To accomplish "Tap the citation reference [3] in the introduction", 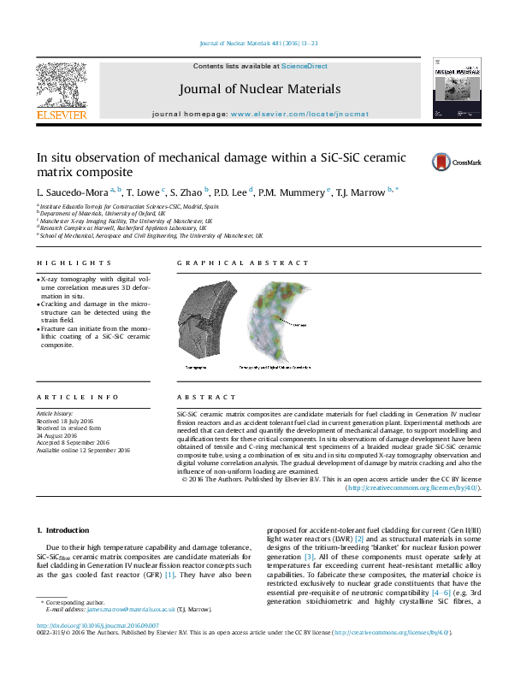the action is click(310, 557).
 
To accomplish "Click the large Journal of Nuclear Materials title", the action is click(260, 89).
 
